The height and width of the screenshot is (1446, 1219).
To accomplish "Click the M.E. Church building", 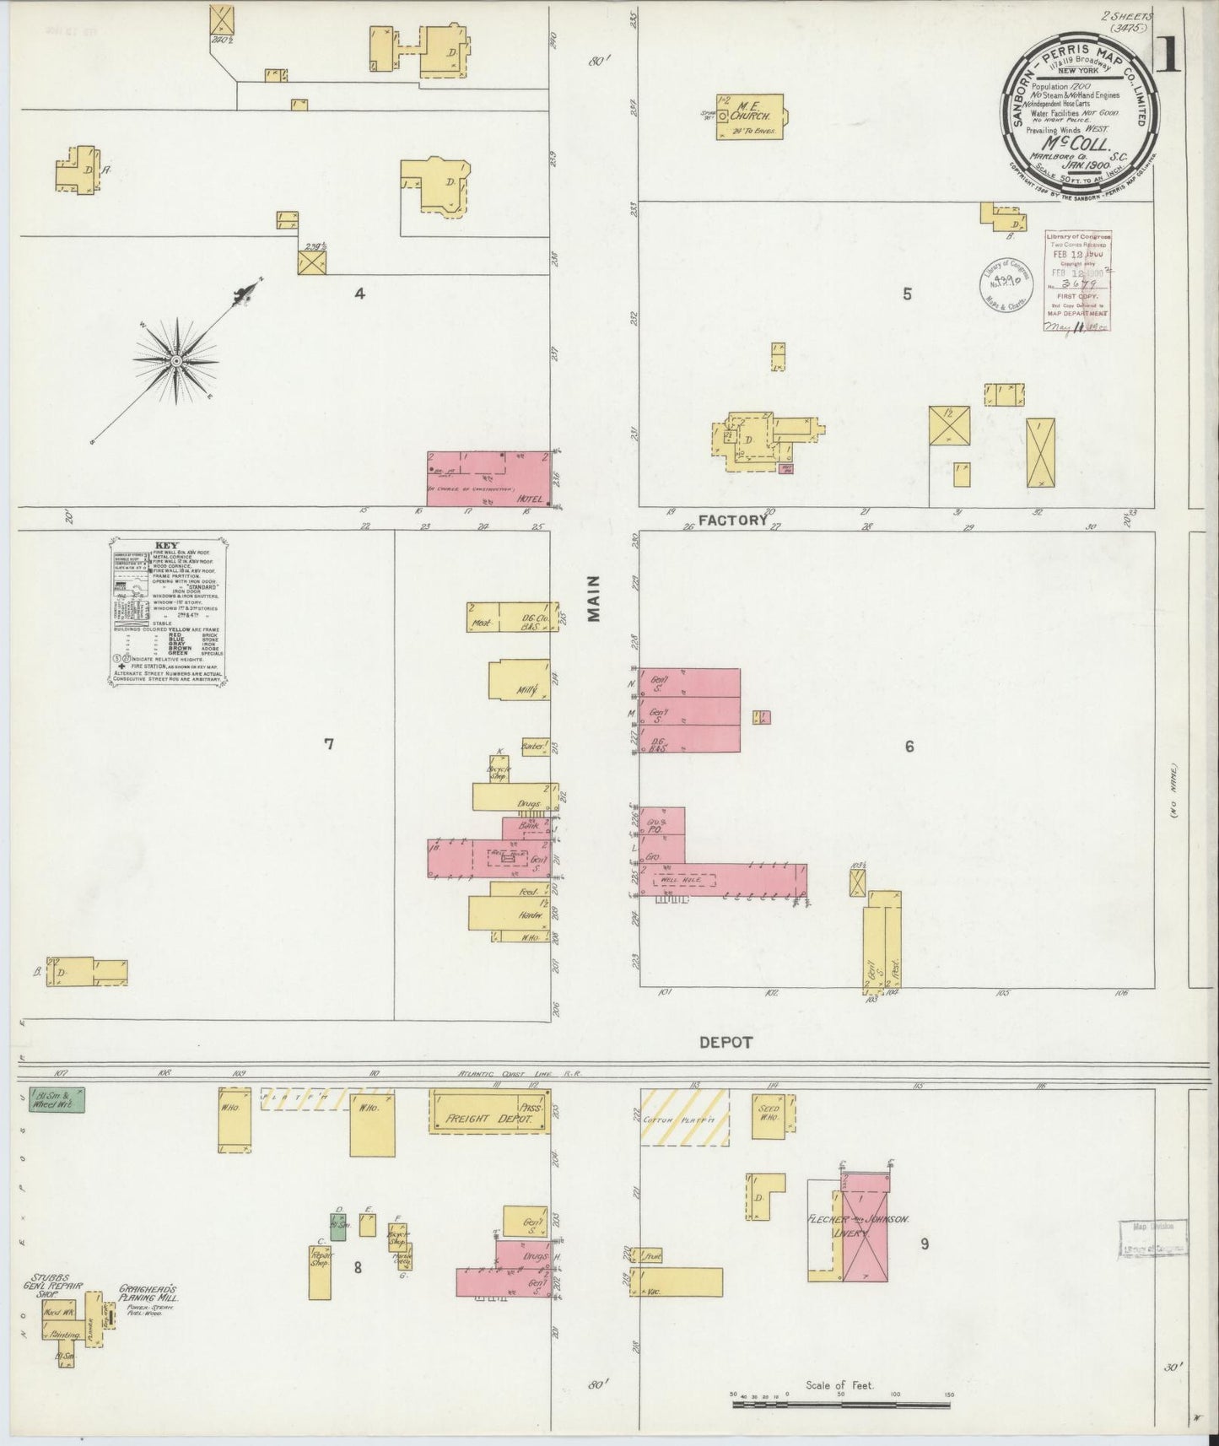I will coord(749,116).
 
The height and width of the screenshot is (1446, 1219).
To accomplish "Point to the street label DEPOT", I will coord(725,1043).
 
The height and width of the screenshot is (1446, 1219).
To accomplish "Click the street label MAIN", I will coord(595,598).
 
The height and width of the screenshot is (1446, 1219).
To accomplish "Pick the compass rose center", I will coord(177,362).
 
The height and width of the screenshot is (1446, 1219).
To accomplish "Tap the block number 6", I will coord(909,747).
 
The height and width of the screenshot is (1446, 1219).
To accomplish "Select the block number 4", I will coord(359,294).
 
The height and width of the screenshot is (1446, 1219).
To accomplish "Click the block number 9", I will coord(925,1243).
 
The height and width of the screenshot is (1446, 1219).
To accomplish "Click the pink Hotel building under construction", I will coord(488,478).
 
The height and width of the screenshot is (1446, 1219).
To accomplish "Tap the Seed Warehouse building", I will coord(769,1115).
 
